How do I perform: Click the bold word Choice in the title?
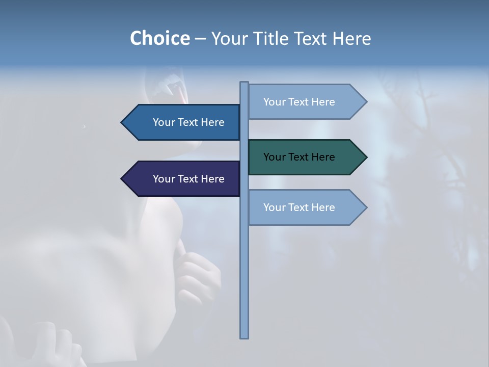coord(159,38)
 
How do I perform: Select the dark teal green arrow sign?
coord(306,157)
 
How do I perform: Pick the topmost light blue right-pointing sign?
coord(306,102)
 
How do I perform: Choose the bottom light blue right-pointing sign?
coord(306,207)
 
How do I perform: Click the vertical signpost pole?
coord(244,280)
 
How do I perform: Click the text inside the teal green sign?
coord(299,157)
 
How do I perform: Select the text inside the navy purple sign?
coord(188,179)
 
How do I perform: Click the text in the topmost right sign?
coord(299,102)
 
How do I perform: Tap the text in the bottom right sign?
coord(299,207)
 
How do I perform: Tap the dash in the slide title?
coord(200,39)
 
